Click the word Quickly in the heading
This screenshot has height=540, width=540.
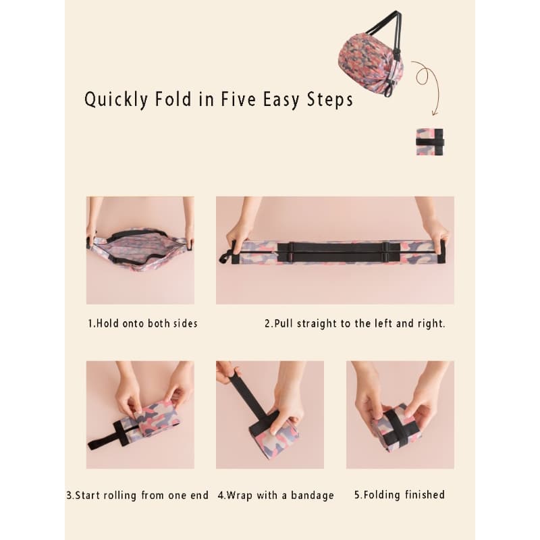[116, 100]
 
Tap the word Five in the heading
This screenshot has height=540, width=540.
[238, 99]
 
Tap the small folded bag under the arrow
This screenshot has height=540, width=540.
[430, 142]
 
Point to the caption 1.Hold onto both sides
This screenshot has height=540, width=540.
[142, 323]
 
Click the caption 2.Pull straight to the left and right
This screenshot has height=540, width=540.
[355, 324]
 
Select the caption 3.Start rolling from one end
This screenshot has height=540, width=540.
[138, 495]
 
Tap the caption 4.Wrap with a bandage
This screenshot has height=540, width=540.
[276, 495]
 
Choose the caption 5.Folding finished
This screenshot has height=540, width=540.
[400, 495]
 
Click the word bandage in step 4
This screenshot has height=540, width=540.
[313, 495]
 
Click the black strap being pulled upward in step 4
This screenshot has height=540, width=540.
[248, 395]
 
